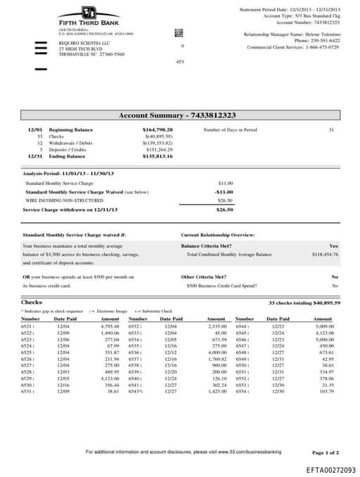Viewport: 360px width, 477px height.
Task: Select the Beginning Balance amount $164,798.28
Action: click(x=157, y=130)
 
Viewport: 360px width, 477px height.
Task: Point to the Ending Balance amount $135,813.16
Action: click(x=157, y=156)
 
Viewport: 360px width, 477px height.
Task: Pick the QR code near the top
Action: click(x=178, y=32)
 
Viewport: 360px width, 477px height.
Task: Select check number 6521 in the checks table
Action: click(x=26, y=326)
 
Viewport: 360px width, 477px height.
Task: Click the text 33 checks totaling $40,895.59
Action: click(x=304, y=303)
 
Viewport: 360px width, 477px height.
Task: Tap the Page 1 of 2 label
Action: click(x=325, y=452)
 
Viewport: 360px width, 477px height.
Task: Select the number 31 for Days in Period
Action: click(x=331, y=130)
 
